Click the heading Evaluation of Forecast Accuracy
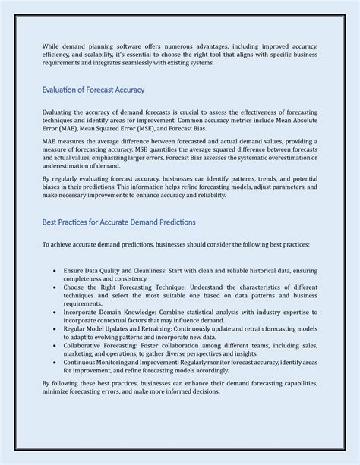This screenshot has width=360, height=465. point(93,90)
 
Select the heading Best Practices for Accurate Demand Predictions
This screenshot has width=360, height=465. point(118,222)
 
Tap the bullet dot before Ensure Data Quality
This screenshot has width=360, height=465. point(55,271)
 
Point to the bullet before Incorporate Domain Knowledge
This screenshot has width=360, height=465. point(55,311)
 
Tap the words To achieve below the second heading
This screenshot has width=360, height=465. point(58,245)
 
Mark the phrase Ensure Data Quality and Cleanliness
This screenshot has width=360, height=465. point(122,271)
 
